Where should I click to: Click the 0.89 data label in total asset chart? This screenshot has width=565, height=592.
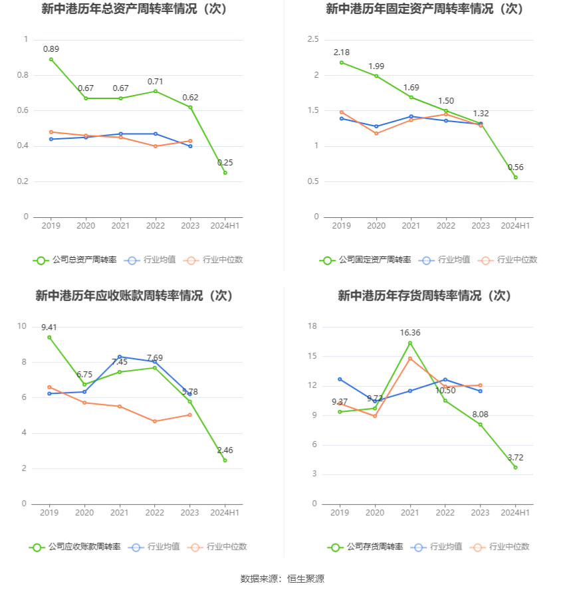point(51,49)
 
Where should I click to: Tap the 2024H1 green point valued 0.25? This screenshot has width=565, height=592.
point(225,173)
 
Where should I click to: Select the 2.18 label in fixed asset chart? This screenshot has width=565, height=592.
point(342,52)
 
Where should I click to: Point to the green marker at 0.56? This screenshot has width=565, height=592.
point(515,177)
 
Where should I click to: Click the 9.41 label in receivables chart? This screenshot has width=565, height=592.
point(49,327)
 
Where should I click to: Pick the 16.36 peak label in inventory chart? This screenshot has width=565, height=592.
point(410,333)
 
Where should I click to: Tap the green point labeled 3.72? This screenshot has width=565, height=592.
point(515,467)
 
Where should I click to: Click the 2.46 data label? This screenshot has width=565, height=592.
point(225,450)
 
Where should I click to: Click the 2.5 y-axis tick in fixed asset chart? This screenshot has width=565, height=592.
point(313,40)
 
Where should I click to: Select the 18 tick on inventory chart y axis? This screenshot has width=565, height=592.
point(313,326)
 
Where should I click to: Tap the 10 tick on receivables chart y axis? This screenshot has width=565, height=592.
point(22,326)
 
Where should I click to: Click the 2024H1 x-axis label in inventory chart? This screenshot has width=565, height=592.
point(515,513)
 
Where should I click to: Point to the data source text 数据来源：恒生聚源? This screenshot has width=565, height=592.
point(282,579)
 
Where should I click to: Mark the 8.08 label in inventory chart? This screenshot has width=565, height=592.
point(480,415)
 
